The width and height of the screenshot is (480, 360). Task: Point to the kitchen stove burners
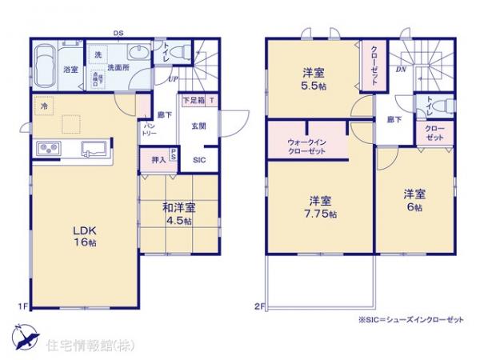(47, 148)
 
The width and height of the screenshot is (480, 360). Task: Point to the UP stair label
(173, 78)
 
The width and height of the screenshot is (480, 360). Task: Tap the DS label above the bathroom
(118, 33)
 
